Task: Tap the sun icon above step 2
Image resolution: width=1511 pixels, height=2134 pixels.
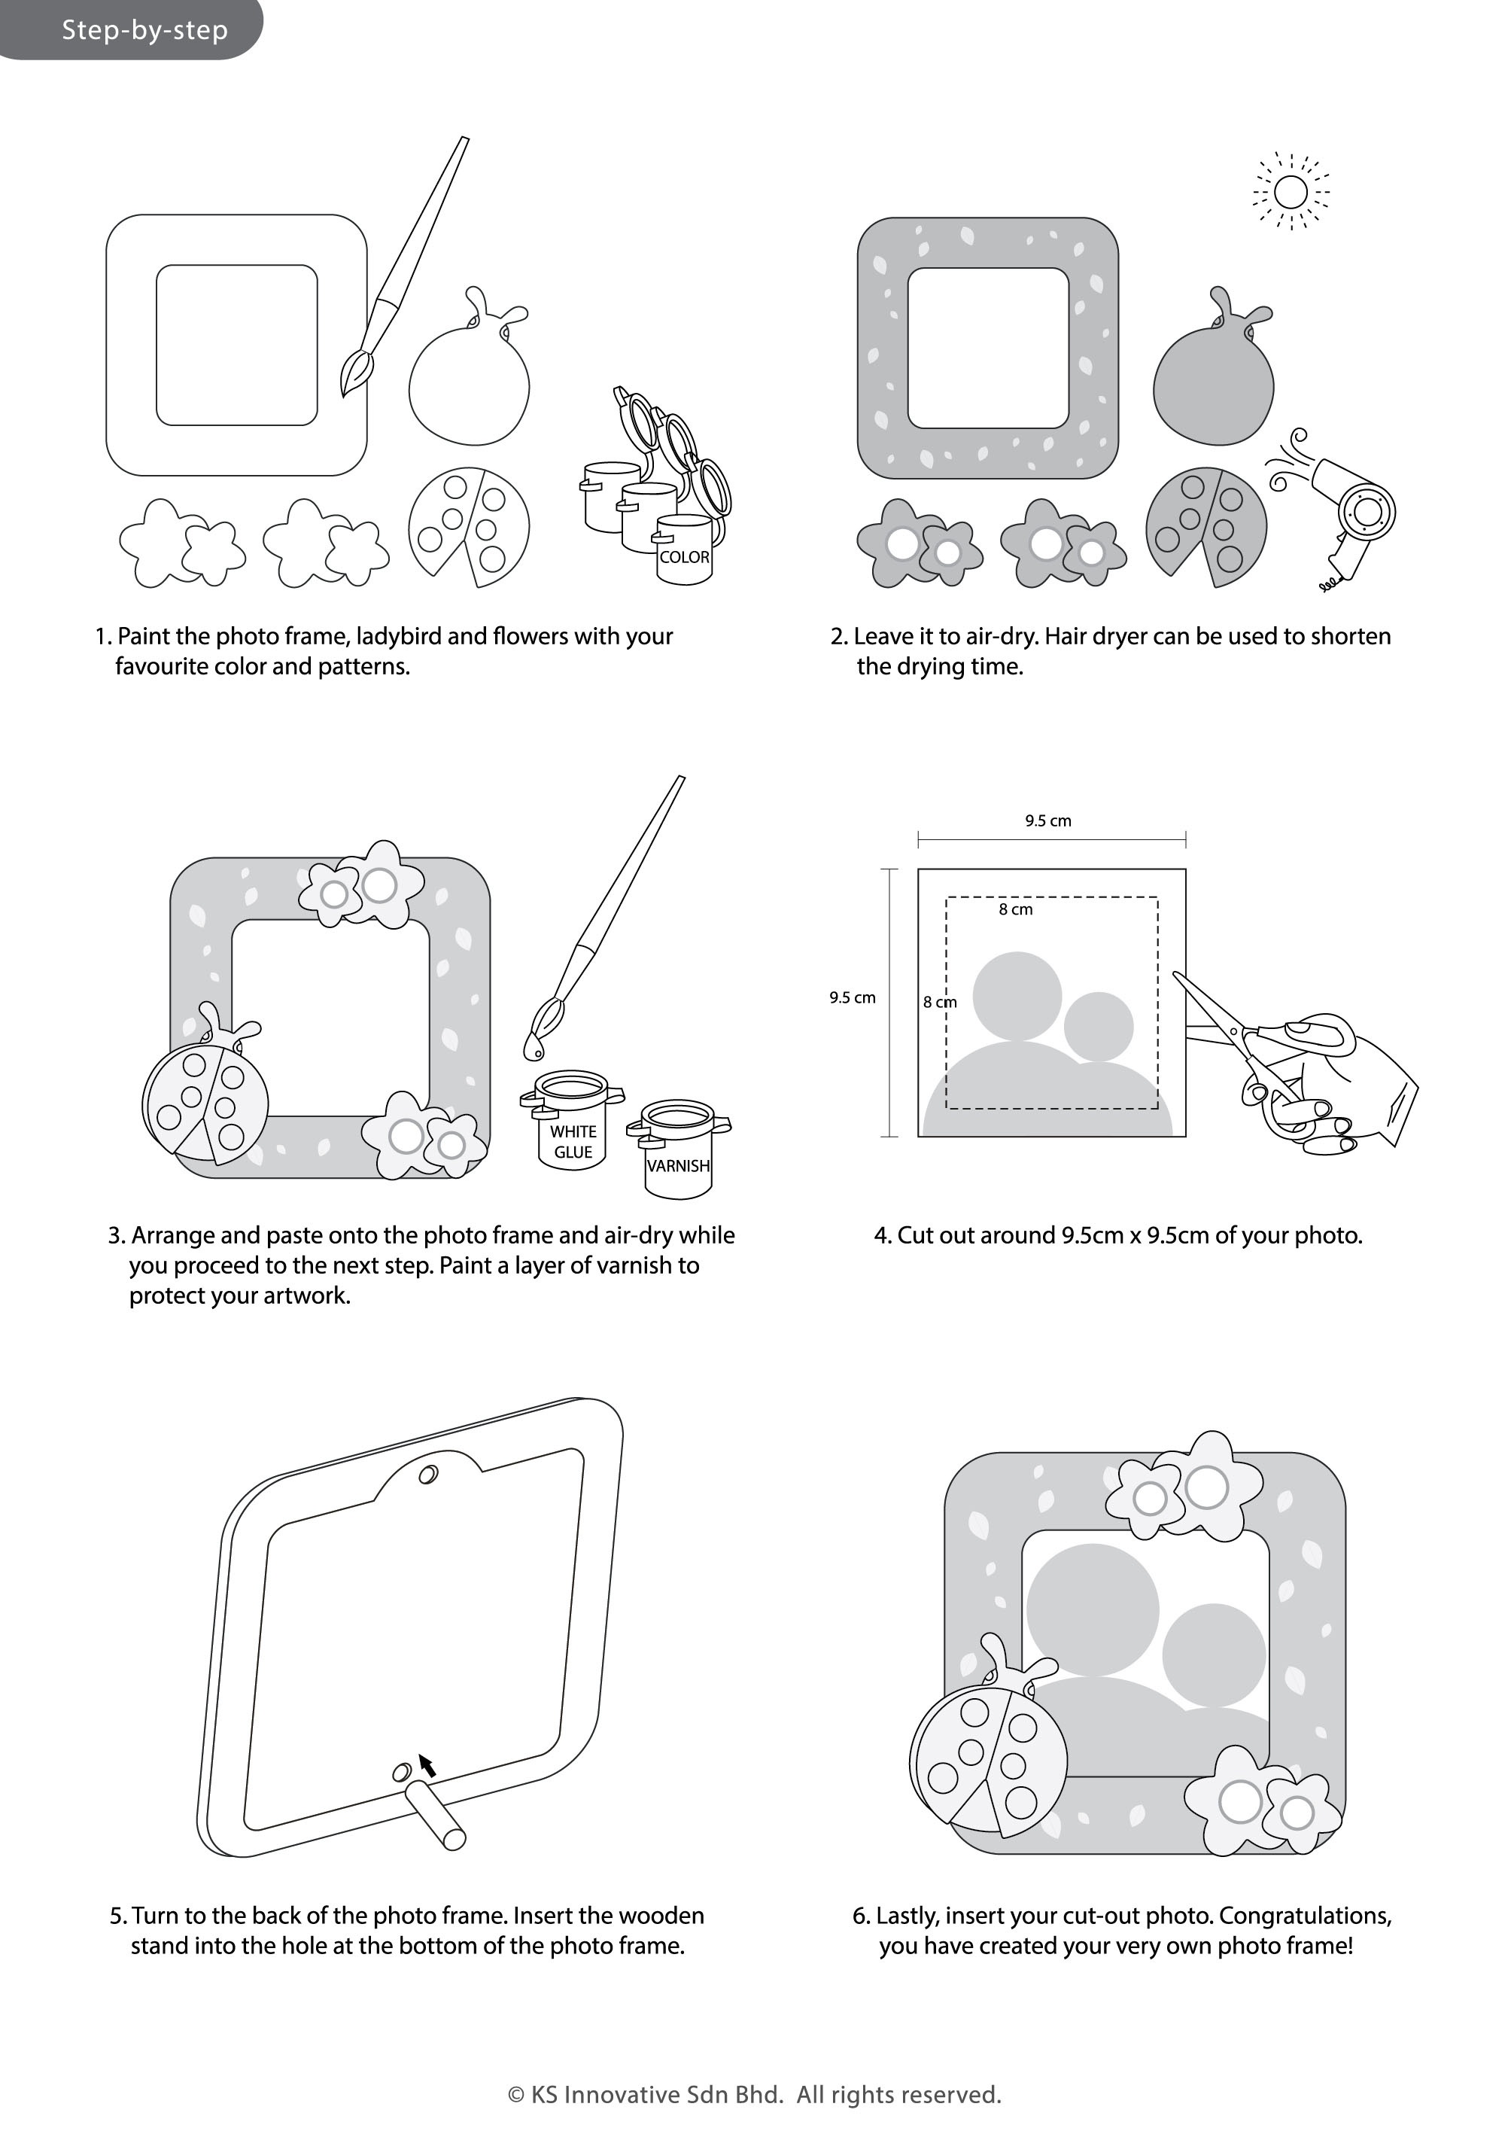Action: (x=1291, y=193)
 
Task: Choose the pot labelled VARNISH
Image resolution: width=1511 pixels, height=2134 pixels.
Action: (x=678, y=1150)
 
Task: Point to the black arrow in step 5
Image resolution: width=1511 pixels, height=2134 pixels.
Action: (x=427, y=1764)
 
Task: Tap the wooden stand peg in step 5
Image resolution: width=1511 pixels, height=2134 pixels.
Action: (x=436, y=1815)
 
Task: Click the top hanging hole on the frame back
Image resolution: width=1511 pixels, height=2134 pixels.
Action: (x=429, y=1474)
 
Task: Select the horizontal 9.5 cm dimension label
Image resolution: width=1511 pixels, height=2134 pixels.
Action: (x=1047, y=820)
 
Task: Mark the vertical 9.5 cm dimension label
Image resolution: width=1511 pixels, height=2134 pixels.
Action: (x=853, y=997)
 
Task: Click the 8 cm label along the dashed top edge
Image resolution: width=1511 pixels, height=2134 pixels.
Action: (x=1015, y=909)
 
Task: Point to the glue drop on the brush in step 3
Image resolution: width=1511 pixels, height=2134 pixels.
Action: (x=534, y=1048)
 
